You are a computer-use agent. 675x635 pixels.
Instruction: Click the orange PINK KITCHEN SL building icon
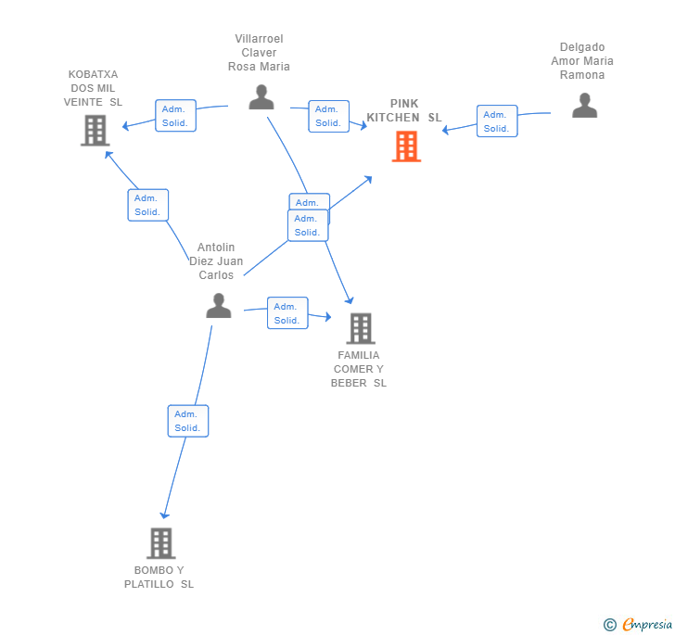406,146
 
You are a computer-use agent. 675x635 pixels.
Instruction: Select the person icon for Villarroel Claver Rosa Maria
261,96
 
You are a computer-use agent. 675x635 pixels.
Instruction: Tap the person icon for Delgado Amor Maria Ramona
584,105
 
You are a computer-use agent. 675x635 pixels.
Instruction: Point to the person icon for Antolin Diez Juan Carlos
219,305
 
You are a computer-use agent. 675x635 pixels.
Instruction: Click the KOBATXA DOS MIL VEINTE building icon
96,131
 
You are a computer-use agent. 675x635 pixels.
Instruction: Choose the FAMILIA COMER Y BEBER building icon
361,328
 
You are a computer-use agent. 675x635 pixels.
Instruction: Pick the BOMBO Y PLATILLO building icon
161,543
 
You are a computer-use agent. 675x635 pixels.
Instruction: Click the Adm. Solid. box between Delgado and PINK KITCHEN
497,121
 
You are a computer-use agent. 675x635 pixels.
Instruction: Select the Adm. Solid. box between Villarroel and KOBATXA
175,116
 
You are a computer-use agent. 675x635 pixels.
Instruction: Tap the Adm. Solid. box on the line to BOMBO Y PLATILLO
188,421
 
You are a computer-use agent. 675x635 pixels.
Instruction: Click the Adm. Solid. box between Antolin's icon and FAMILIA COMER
287,313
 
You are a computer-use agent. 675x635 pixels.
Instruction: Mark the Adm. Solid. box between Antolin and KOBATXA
148,205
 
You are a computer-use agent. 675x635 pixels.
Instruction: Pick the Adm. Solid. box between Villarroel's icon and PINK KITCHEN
328,116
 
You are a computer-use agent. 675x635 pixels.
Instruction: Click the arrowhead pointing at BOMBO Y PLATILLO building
164,514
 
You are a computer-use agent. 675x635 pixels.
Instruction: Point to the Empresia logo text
647,624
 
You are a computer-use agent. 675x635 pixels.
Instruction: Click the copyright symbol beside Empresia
609,625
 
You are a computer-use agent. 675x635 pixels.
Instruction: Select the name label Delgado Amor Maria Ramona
582,60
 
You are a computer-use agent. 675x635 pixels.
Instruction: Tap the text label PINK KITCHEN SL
404,110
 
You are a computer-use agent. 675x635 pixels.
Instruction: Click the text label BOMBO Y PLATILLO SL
159,577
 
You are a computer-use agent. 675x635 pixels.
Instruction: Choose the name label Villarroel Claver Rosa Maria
259,53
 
